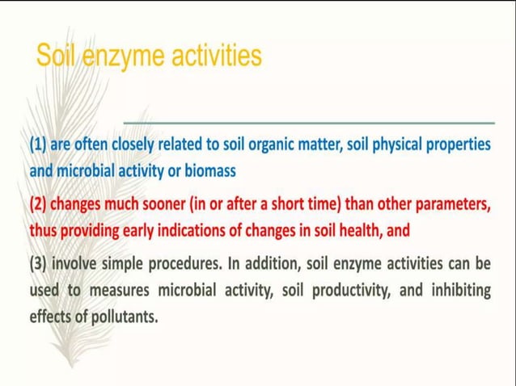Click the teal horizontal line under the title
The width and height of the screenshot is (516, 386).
[308, 123]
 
